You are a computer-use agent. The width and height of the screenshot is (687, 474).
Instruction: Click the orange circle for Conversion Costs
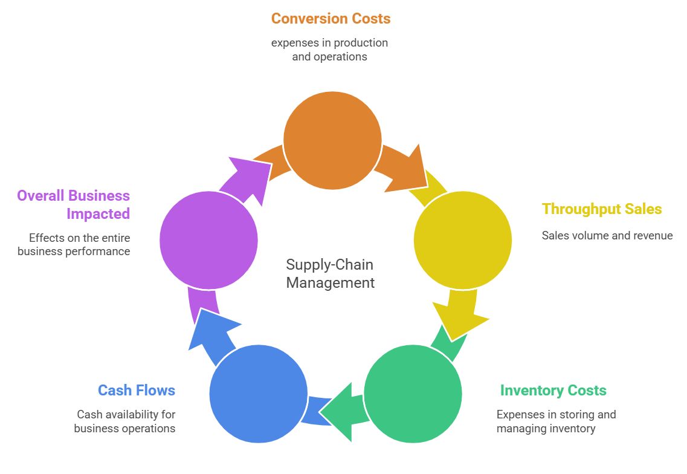click(x=332, y=140)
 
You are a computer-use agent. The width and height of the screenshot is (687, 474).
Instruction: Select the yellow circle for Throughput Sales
click(x=463, y=240)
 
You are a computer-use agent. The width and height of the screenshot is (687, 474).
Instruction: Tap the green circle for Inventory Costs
click(x=413, y=394)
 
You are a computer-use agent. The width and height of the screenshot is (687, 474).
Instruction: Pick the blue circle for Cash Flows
click(x=259, y=394)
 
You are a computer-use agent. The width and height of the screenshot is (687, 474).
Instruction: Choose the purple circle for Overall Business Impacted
click(x=208, y=240)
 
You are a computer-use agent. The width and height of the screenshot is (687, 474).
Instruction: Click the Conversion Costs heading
click(x=331, y=19)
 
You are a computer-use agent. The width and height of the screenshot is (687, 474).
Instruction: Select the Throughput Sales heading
click(x=602, y=209)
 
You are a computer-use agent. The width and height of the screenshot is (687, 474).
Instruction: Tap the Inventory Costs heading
click(x=553, y=391)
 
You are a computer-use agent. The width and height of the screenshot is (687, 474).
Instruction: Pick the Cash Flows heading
click(x=137, y=391)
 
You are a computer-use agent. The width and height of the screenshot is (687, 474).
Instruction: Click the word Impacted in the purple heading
click(x=98, y=214)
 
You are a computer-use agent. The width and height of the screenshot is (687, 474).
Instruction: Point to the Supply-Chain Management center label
click(x=330, y=273)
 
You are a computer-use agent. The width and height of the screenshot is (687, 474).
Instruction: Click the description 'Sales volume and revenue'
click(x=607, y=236)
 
